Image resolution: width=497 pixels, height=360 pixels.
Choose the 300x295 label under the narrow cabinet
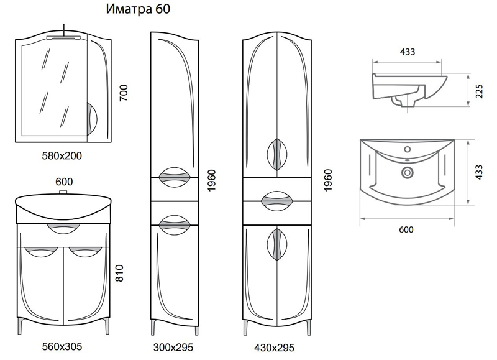pyautogui.click(x=176, y=347)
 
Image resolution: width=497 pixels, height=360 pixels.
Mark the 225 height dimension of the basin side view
pyautogui.click(x=480, y=91)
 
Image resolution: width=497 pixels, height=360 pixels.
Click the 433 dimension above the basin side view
pyautogui.click(x=408, y=52)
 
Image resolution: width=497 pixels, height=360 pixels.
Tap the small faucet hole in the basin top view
pyautogui.click(x=408, y=150)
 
